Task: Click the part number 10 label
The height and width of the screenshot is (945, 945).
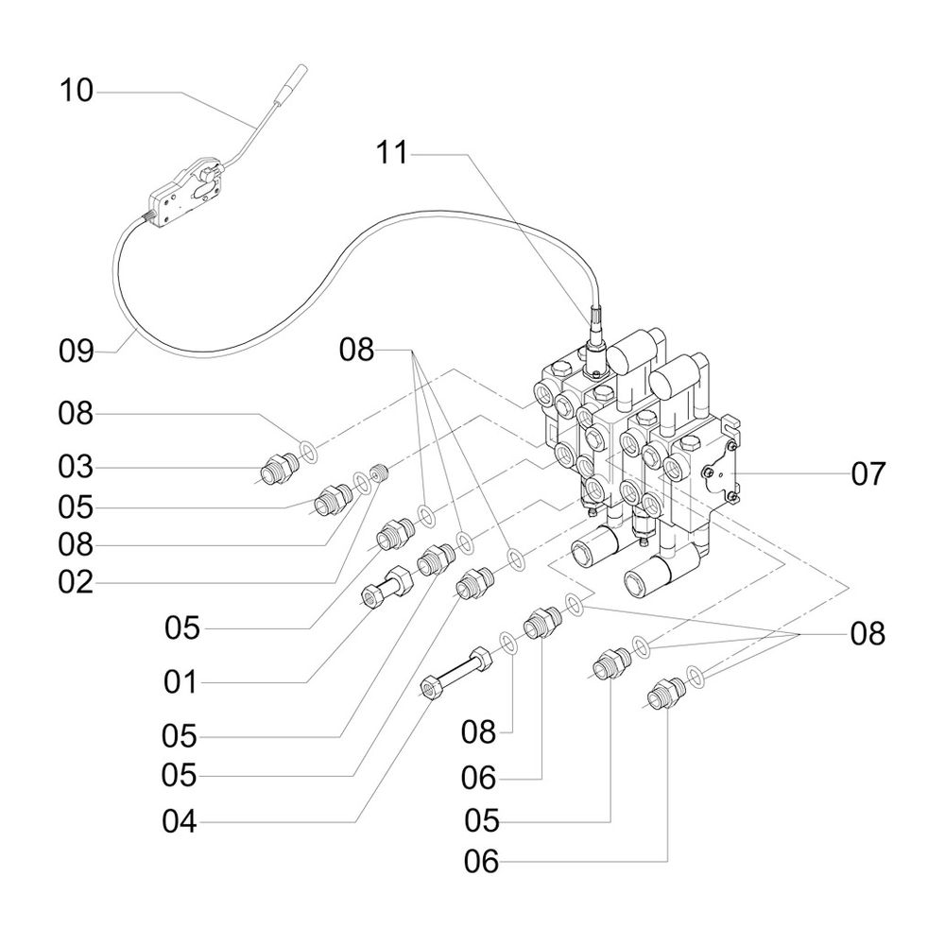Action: tap(77, 93)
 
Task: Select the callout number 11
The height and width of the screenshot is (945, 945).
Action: tap(392, 152)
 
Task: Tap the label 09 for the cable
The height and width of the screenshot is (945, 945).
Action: tap(77, 352)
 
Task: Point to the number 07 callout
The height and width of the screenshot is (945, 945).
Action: tap(868, 472)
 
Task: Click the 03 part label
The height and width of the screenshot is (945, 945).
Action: tap(77, 467)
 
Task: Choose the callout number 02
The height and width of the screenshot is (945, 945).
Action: tap(77, 583)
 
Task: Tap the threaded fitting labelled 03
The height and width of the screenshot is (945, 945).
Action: tap(280, 466)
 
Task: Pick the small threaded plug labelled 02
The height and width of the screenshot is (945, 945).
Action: tap(382, 472)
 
